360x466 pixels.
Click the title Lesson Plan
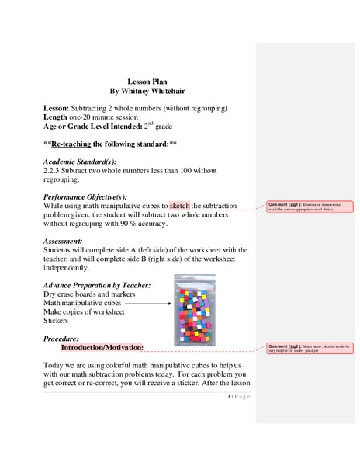[147, 81]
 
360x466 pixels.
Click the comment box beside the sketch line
[309, 207]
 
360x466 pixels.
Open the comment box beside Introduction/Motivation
[309, 347]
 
